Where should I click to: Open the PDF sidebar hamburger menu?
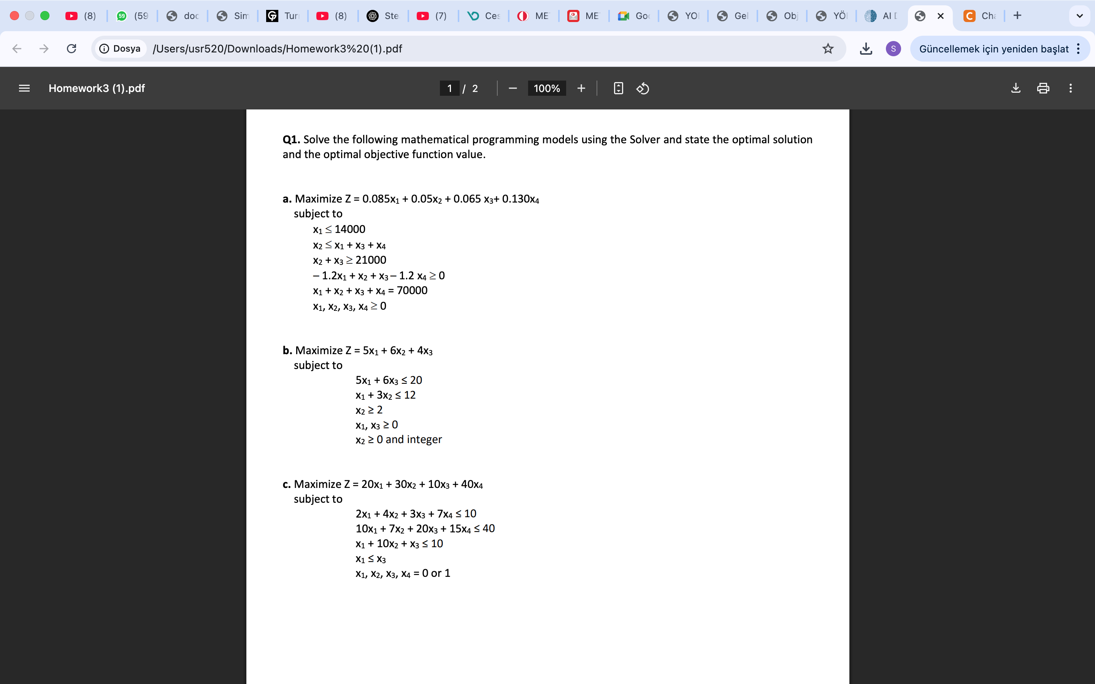coord(24,88)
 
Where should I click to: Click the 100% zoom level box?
coord(547,88)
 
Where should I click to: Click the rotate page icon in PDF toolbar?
coord(643,88)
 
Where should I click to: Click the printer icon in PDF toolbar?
coord(1043,88)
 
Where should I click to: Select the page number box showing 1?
coord(449,88)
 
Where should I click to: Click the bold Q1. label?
coord(291,139)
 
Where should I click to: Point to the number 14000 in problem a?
coord(350,230)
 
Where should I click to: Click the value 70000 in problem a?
coord(412,290)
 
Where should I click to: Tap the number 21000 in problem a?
coord(371,260)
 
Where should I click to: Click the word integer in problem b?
coord(424,439)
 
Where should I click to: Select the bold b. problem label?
coord(287,351)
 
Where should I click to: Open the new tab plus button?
coord(1017,16)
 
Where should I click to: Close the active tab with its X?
coord(940,16)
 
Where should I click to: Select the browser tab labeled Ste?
coord(384,16)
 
